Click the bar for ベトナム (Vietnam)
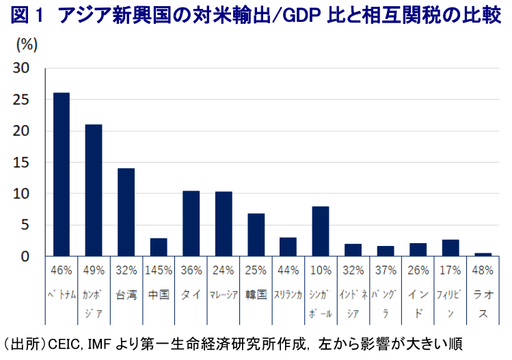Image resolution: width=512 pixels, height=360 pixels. [62, 174]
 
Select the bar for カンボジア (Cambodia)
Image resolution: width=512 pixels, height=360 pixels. [94, 191]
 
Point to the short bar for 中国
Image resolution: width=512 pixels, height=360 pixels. [159, 247]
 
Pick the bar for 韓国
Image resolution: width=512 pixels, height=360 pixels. [256, 235]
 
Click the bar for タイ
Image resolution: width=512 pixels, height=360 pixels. [191, 223]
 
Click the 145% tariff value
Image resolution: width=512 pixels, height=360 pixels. [159, 270]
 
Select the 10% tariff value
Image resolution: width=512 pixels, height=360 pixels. [320, 270]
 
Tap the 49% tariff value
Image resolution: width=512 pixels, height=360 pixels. [94, 270]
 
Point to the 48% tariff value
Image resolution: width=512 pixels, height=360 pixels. [482, 270]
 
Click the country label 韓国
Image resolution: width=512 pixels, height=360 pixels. [256, 295]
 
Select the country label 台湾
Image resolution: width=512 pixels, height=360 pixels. [126, 295]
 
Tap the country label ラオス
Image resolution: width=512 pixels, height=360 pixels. [482, 305]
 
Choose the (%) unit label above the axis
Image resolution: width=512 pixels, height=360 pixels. [26, 46]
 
